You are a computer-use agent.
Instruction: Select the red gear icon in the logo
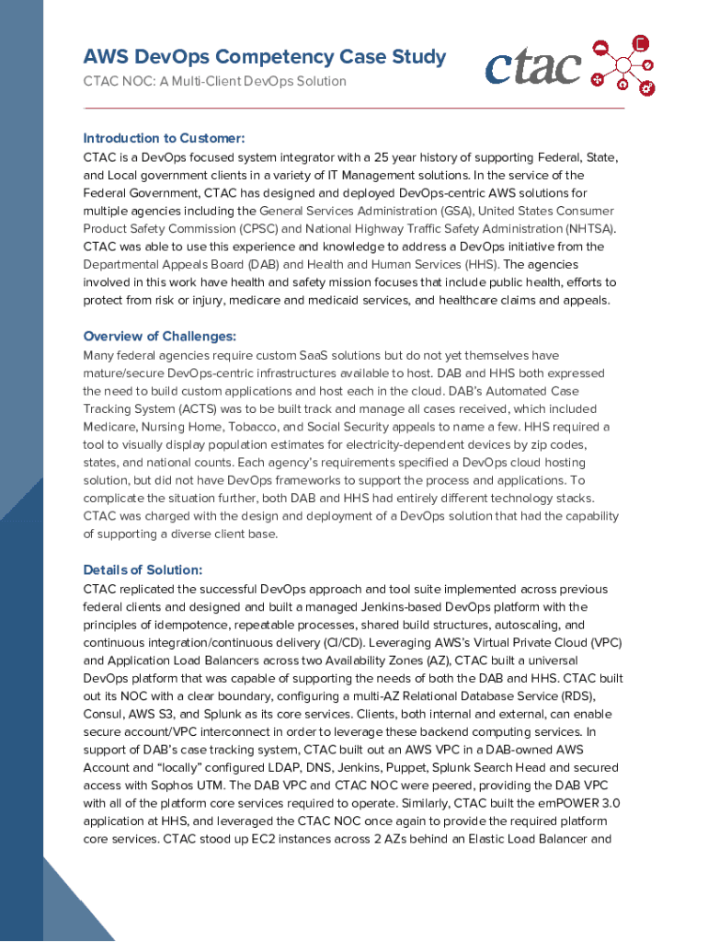coord(647,88)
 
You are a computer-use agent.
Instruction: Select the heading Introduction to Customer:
coord(164,138)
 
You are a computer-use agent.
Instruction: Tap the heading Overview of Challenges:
coord(160,336)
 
